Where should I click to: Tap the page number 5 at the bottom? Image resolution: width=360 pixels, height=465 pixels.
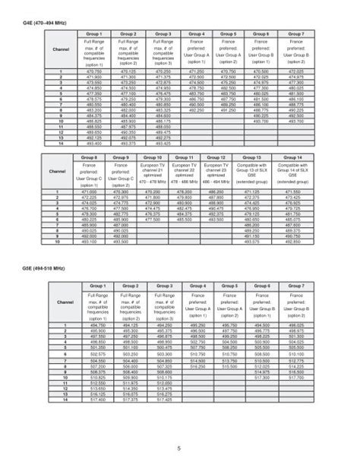pyautogui.click(x=179, y=447)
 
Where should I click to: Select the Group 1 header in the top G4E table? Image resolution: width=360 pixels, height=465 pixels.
pyautogui.click(x=94, y=35)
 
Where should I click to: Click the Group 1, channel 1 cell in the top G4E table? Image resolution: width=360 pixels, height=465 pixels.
pyautogui.click(x=94, y=71)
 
